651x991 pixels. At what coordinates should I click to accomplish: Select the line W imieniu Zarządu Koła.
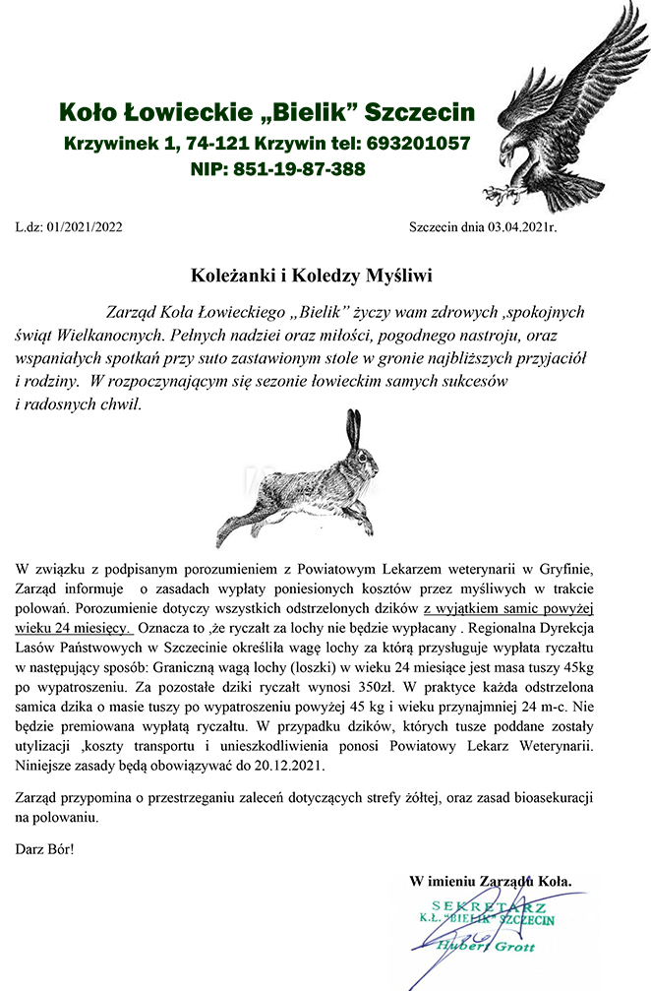tap(490, 881)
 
